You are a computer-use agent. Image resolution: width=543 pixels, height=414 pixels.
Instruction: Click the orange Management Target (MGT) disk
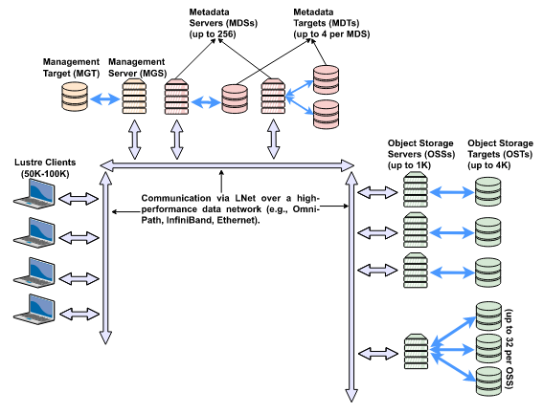click(x=75, y=97)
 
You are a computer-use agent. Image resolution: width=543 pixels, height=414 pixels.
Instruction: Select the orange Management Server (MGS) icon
click(x=134, y=97)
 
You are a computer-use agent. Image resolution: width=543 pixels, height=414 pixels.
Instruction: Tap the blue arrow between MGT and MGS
click(x=105, y=99)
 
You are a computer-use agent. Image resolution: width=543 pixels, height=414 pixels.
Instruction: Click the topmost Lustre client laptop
click(x=34, y=194)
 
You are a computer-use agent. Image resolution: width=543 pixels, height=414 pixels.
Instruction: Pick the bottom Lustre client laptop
click(x=34, y=309)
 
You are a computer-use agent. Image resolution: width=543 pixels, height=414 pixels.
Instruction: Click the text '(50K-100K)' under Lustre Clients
click(x=45, y=174)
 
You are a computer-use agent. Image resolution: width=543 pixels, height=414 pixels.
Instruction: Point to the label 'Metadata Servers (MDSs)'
click(x=223, y=17)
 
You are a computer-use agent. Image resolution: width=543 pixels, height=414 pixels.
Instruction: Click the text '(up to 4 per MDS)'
click(x=331, y=34)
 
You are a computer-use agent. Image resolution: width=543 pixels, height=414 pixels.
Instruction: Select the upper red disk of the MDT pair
click(x=326, y=79)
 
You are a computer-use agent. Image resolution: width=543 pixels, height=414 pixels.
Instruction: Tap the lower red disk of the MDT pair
click(x=326, y=115)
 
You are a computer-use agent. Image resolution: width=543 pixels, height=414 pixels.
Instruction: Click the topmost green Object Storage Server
click(x=416, y=190)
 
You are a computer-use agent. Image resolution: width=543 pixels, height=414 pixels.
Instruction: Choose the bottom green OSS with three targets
click(x=416, y=352)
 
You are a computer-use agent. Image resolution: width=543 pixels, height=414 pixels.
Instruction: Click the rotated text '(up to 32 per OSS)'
click(x=509, y=349)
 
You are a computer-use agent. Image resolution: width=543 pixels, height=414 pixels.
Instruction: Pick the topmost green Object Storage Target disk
click(x=488, y=192)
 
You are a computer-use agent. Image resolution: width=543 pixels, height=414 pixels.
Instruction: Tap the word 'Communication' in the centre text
click(x=176, y=198)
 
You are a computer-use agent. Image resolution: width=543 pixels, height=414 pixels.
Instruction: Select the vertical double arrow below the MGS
click(x=135, y=140)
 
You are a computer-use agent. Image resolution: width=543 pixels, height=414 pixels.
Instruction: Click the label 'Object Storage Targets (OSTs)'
click(x=501, y=149)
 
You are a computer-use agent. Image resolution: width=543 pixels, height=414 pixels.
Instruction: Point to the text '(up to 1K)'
click(x=409, y=165)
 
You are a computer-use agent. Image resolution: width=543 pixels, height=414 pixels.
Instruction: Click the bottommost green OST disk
click(x=488, y=381)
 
